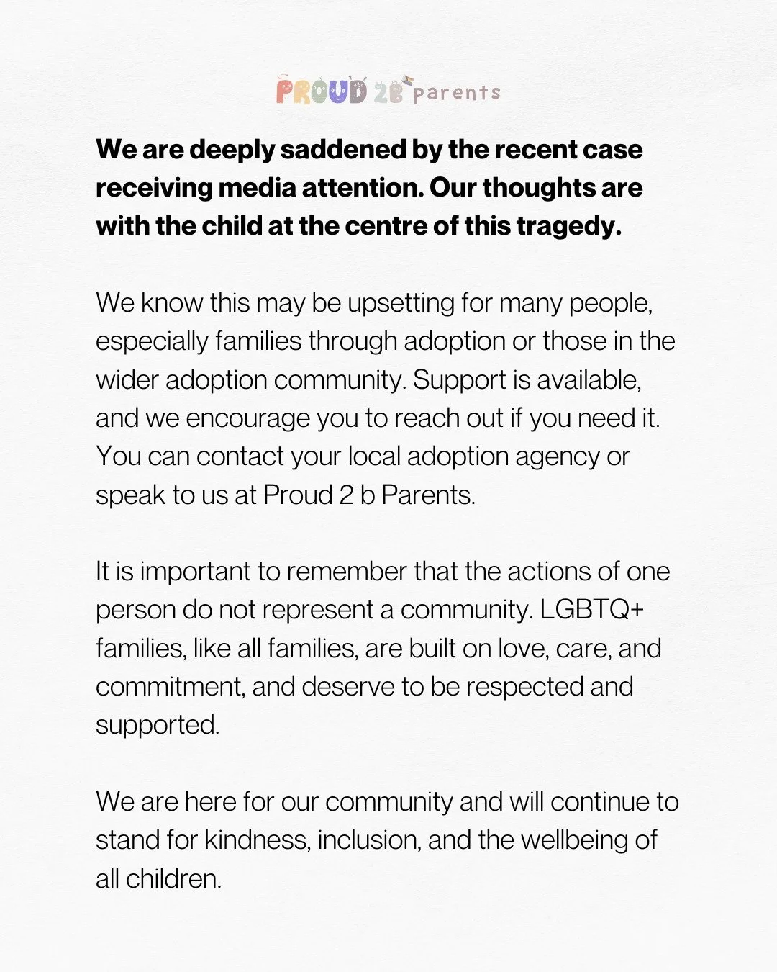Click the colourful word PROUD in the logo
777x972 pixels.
(x=322, y=92)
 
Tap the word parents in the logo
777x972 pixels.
(x=457, y=93)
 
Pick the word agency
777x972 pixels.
(x=558, y=456)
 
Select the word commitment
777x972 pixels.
(x=168, y=687)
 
